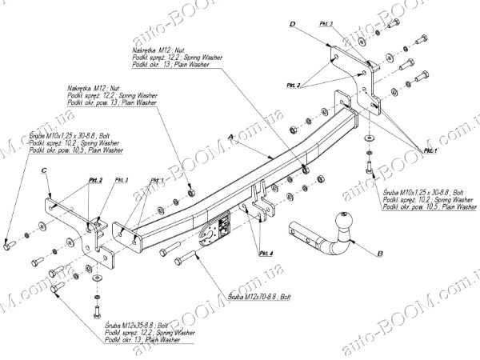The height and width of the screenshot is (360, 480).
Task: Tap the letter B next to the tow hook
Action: coord(381,254)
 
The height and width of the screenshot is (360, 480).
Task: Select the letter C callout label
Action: coord(45,170)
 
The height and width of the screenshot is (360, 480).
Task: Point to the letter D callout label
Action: coord(293,26)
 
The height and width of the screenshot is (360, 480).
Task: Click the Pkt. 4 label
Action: coord(266,253)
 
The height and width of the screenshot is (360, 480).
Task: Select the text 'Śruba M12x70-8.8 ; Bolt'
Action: coord(258,296)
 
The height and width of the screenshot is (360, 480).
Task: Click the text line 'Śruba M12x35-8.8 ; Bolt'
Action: coord(137,325)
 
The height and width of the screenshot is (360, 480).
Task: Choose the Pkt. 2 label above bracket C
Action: coord(94,180)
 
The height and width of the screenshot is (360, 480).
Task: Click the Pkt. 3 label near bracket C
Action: coord(122,180)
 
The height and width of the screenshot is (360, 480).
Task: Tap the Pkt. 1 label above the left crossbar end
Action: coord(157,180)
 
